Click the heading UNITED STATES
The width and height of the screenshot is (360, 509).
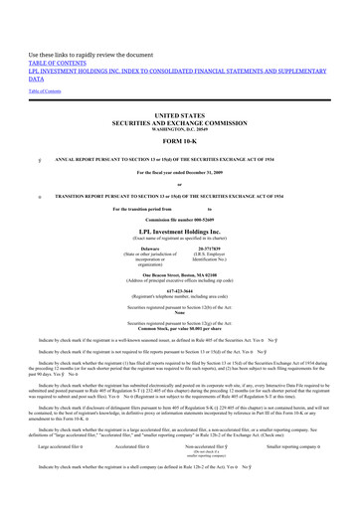[180, 114]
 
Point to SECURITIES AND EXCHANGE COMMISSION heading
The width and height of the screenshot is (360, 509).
[180, 122]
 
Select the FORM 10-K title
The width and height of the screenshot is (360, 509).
[180, 141]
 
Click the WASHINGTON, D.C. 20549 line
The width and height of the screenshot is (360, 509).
[180, 129]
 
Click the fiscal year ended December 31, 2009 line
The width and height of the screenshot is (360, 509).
[180, 171]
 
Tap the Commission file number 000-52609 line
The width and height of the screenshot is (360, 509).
[180, 218]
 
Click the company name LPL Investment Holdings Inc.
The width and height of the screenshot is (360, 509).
[180, 231]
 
